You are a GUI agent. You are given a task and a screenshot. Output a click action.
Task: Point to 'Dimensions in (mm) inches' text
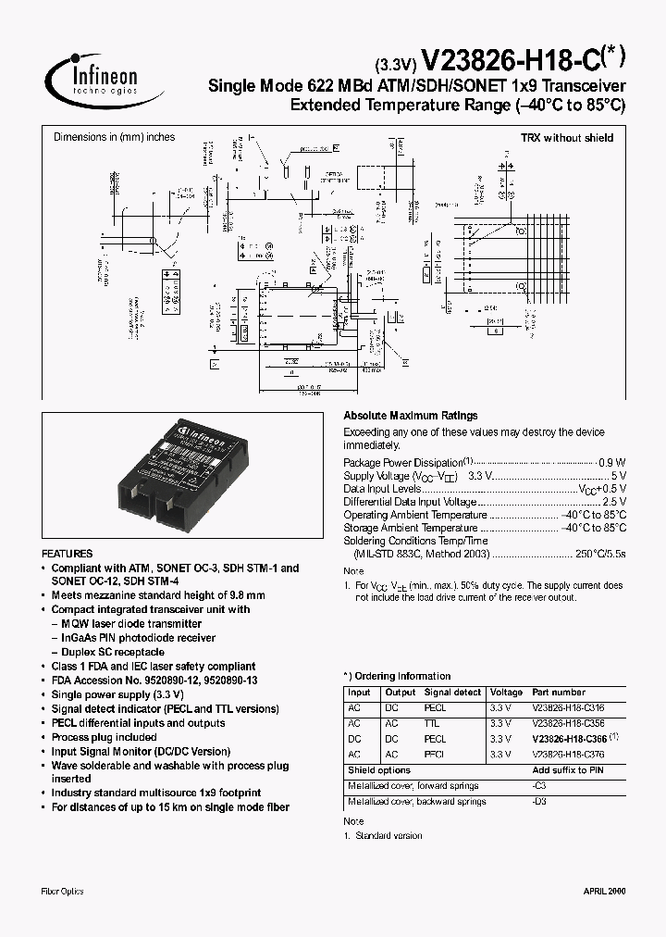pos(114,138)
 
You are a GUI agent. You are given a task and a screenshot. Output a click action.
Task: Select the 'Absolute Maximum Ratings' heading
pos(411,416)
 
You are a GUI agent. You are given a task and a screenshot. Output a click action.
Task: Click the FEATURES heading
pos(67,553)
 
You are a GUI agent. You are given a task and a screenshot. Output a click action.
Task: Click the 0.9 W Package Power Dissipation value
pos(612,462)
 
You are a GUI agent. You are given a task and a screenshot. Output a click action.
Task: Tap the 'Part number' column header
pos(559,692)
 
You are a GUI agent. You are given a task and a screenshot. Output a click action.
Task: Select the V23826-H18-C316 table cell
pos(567,707)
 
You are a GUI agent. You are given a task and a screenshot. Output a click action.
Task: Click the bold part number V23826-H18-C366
pos(569,739)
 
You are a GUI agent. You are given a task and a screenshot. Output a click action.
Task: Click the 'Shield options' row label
pos(379,770)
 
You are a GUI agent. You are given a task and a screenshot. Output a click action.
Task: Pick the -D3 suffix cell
pos(539,802)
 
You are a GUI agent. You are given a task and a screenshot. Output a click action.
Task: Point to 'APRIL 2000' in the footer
pos(604,891)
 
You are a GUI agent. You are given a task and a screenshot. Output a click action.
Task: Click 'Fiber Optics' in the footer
pos(63,891)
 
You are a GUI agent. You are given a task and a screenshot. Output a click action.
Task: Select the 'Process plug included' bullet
pos(104,737)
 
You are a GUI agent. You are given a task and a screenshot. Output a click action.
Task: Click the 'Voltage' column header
pos(506,692)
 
